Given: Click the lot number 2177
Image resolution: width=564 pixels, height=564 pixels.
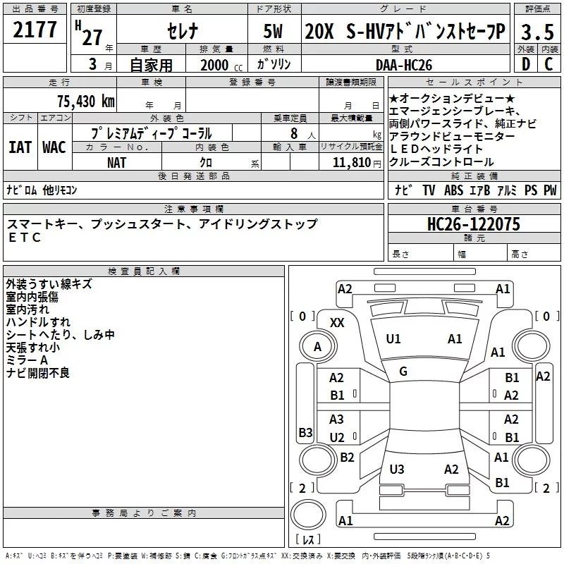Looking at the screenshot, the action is point(35,30).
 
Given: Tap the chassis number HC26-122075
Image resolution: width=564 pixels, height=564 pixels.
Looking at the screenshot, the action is point(474,224).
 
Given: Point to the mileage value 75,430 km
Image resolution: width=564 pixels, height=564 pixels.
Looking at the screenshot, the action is point(85,101).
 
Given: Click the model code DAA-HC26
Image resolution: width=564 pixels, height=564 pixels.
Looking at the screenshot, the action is point(403,64).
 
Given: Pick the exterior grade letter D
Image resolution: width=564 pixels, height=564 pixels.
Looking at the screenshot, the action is point(525,64).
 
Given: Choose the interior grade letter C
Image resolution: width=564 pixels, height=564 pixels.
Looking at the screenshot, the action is point(548,64).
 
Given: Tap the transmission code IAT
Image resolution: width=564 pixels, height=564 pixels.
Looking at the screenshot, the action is point(20,147).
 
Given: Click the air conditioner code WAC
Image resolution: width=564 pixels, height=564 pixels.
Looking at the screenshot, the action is point(54,147).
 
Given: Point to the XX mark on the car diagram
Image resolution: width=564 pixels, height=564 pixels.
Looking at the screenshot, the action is point(337,322).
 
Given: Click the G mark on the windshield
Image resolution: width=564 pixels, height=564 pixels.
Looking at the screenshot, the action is point(403,371).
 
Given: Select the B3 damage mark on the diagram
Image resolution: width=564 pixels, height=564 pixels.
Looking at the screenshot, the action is point(305,431).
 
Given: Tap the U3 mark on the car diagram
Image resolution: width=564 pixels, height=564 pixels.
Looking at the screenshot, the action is point(397,469).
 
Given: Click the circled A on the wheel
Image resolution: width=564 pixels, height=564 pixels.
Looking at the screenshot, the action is point(317,346).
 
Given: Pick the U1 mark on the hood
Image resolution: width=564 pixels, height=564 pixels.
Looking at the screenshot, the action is point(393,339).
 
